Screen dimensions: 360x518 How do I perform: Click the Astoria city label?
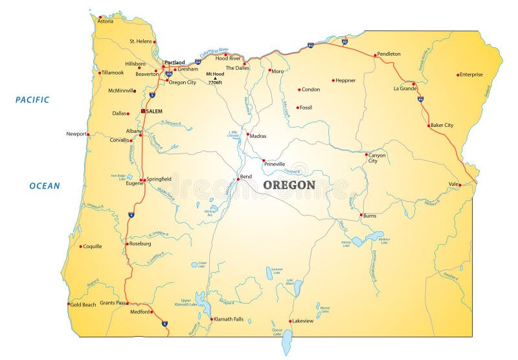point(105,21)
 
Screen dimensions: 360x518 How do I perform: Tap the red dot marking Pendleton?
point(375,55)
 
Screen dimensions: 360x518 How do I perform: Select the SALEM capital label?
point(154,111)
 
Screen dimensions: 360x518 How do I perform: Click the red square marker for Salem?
point(143,111)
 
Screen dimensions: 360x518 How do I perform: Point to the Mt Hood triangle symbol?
point(215,78)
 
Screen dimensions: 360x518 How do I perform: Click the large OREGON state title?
point(289,185)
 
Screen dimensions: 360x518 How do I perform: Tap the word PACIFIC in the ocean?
point(32,100)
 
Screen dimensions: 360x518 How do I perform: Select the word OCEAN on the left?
point(44,186)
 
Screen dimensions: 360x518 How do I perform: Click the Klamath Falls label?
point(229,319)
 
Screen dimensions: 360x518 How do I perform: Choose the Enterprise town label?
point(471,74)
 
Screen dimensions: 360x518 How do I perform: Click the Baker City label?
point(442,125)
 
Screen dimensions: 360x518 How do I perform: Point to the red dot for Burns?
point(361,215)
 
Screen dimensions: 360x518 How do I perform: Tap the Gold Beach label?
point(83,304)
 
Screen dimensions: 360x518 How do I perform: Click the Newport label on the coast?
point(76,134)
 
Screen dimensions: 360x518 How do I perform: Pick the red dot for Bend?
point(238,179)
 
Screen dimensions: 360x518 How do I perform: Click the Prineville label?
point(275,164)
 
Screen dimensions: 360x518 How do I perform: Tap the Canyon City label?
point(377,157)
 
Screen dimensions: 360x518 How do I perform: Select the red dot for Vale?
point(459,185)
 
